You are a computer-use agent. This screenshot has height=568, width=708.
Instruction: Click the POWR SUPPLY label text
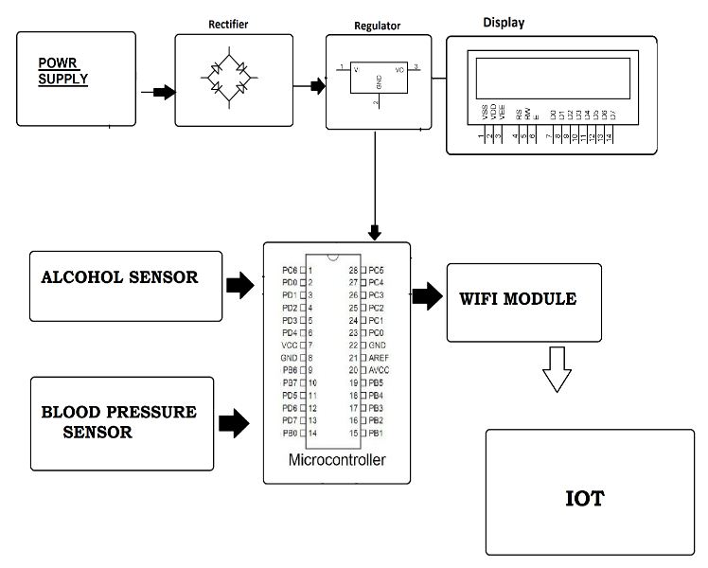pyautogui.click(x=63, y=71)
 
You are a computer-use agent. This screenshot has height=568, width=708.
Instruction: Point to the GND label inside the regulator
pyautogui.click(x=379, y=83)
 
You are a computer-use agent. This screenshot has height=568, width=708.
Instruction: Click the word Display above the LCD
pyautogui.click(x=503, y=22)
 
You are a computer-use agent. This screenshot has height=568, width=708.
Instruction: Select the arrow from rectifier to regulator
pyautogui.click(x=310, y=87)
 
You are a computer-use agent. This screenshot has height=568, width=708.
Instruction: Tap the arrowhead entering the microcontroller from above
pyautogui.click(x=376, y=232)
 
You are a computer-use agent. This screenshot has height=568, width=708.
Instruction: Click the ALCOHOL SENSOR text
pyautogui.click(x=119, y=278)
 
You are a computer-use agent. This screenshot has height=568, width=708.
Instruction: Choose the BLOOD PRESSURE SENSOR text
pyautogui.click(x=118, y=423)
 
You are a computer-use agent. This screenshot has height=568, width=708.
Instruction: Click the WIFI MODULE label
pyautogui.click(x=517, y=299)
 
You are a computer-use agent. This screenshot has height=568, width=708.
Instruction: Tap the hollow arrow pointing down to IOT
pyautogui.click(x=558, y=368)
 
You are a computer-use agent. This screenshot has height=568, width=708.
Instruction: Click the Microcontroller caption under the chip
pyautogui.click(x=336, y=461)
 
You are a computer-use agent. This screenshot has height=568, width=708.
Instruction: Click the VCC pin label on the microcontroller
pyautogui.click(x=290, y=346)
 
